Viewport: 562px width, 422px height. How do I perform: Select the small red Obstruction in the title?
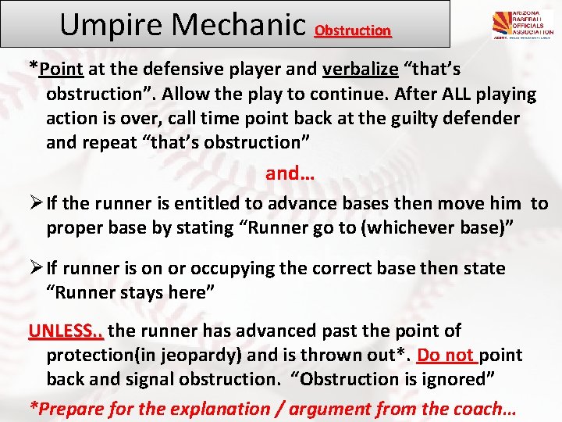click(x=352, y=31)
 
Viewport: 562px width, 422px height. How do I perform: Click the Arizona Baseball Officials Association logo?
click(x=522, y=26)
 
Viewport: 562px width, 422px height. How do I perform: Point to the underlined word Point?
click(x=62, y=69)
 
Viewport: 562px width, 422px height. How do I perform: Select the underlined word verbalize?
click(x=360, y=69)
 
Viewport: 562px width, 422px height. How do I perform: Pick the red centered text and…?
click(x=290, y=173)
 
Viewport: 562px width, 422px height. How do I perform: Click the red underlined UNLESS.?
click(x=66, y=331)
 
